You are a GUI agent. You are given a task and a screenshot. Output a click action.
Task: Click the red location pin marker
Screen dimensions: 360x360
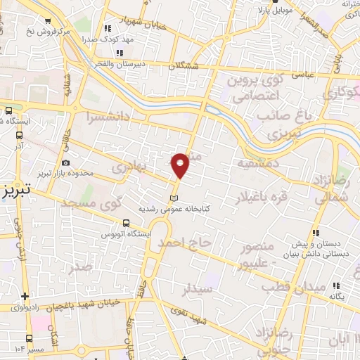(x=181, y=165)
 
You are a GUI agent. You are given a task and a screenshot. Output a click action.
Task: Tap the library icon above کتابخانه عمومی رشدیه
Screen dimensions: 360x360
(x=175, y=197)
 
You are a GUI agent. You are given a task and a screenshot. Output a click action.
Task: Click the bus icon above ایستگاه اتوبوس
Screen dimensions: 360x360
(x=127, y=220)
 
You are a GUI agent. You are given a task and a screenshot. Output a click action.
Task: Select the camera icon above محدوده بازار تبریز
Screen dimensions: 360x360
(x=65, y=163)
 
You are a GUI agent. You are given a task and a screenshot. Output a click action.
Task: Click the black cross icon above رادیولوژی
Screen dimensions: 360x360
(x=25, y=296)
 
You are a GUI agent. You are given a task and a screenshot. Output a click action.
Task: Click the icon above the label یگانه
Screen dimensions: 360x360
(x=336, y=285)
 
